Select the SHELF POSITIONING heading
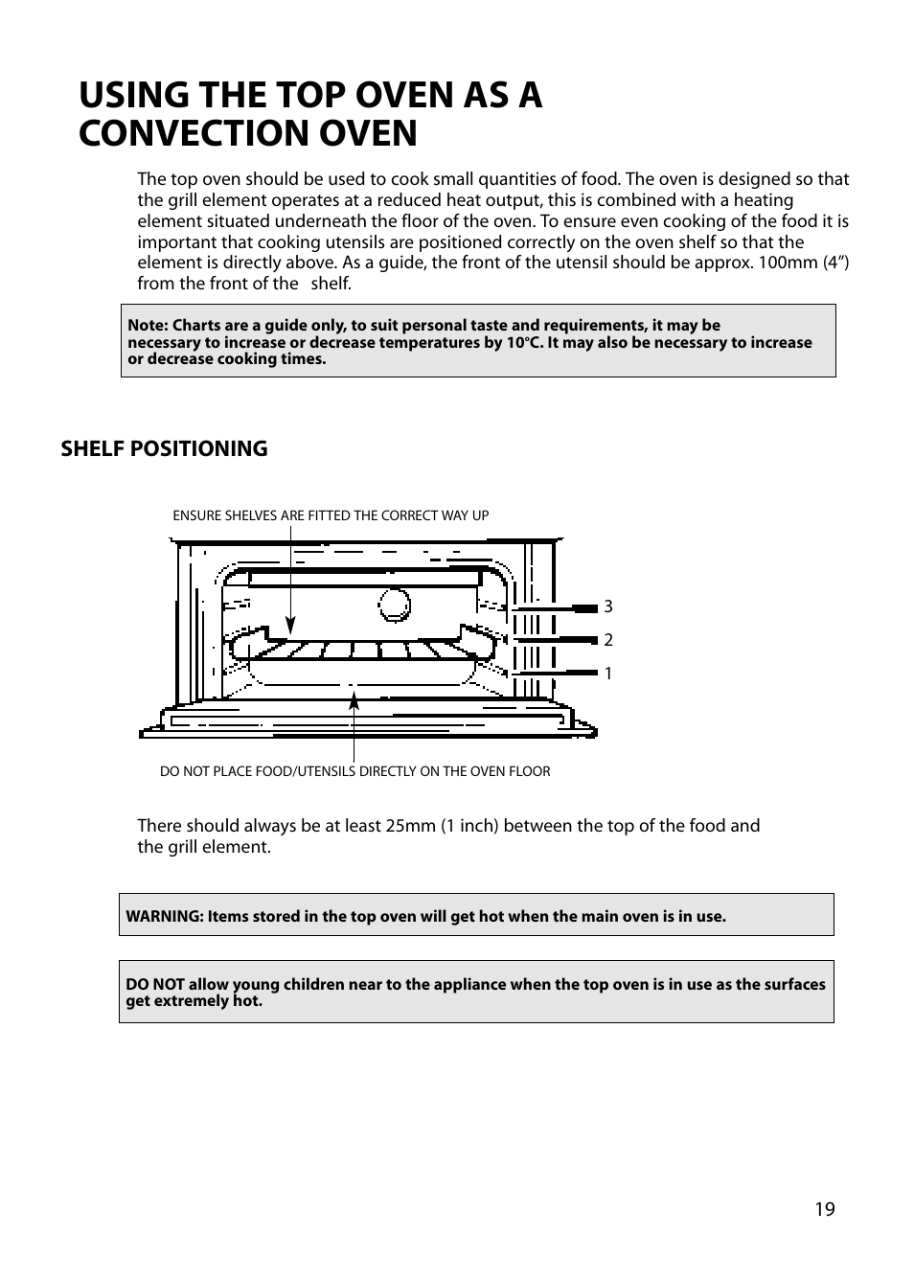click(x=164, y=448)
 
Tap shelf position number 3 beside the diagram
click(x=607, y=606)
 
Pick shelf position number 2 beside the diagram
click(x=607, y=640)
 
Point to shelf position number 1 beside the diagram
click(x=607, y=674)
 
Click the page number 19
click(x=825, y=1209)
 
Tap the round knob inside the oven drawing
click(x=394, y=603)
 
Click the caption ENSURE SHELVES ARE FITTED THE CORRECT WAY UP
click(x=331, y=515)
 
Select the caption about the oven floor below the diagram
click(x=354, y=771)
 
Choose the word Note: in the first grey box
click(x=149, y=325)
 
